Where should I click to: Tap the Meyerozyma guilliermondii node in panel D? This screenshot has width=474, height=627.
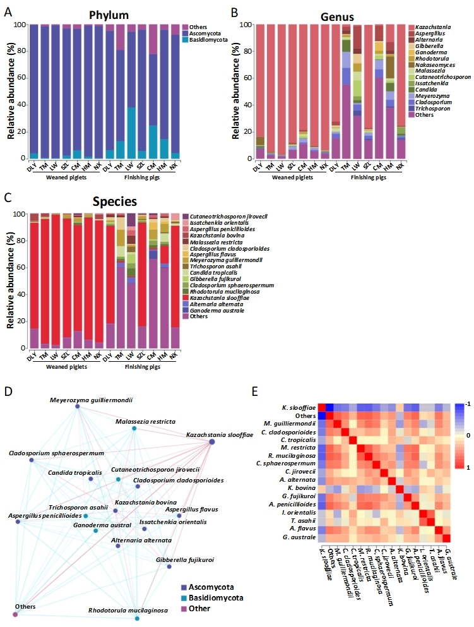click(x=77, y=407)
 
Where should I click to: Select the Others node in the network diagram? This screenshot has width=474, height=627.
click(x=15, y=614)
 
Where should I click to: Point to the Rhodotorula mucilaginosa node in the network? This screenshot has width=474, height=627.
click(x=137, y=618)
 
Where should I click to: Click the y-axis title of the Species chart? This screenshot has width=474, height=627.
click(x=10, y=281)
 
